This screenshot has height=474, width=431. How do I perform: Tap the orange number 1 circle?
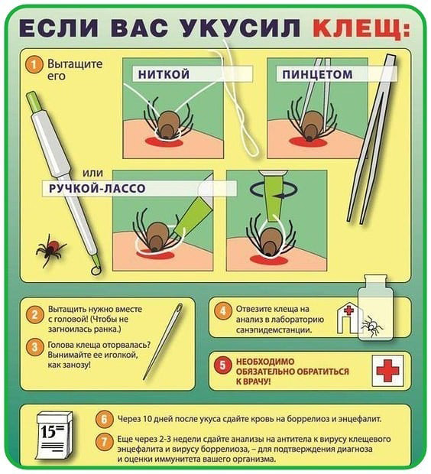pyautogui.click(x=34, y=65)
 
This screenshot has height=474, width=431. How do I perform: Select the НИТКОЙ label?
pyautogui.click(x=164, y=74)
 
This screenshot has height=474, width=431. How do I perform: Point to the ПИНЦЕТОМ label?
pyautogui.click(x=317, y=74)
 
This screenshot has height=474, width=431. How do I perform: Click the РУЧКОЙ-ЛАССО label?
pyautogui.click(x=97, y=188)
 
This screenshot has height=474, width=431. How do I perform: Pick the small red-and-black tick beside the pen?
pyautogui.click(x=50, y=249)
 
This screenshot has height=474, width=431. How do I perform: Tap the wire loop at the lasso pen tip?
pyautogui.click(x=96, y=270)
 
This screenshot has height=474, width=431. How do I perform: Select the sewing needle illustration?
pyautogui.click(x=164, y=341)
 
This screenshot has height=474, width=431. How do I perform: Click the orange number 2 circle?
pyautogui.click(x=34, y=315)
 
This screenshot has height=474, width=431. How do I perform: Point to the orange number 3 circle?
pyautogui.click(x=34, y=347)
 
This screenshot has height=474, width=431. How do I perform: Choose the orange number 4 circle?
pyautogui.click(x=223, y=310)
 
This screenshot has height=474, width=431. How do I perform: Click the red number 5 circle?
pyautogui.click(x=222, y=365)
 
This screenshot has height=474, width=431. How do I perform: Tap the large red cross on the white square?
pyautogui.click(x=387, y=370)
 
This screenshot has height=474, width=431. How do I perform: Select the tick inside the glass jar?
pyautogui.click(x=371, y=326)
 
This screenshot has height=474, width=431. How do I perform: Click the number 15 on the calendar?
pyautogui.click(x=48, y=432)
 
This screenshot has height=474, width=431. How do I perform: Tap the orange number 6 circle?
pyautogui.click(x=104, y=419)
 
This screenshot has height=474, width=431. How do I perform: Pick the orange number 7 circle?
pyautogui.click(x=104, y=442)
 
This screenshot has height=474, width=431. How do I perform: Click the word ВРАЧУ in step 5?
pyautogui.click(x=255, y=381)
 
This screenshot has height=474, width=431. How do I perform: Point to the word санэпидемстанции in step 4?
pyautogui.click(x=274, y=330)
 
